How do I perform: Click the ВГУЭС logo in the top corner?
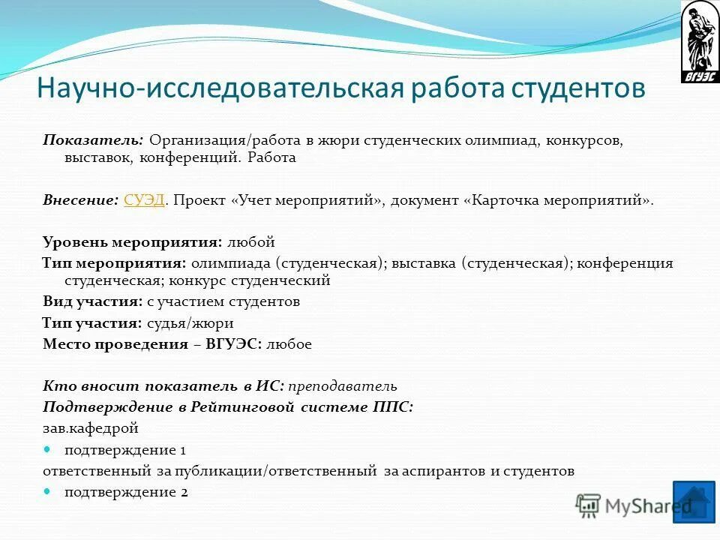coord(699,42)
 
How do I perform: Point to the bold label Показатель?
coord(93,140)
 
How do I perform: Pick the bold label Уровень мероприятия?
coord(132,242)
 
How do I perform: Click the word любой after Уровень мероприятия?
coord(250,242)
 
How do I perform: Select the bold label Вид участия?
coord(92,301)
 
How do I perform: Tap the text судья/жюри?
coord(190,323)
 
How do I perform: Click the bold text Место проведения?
coord(115,344)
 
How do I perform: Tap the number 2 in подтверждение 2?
coord(184,493)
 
